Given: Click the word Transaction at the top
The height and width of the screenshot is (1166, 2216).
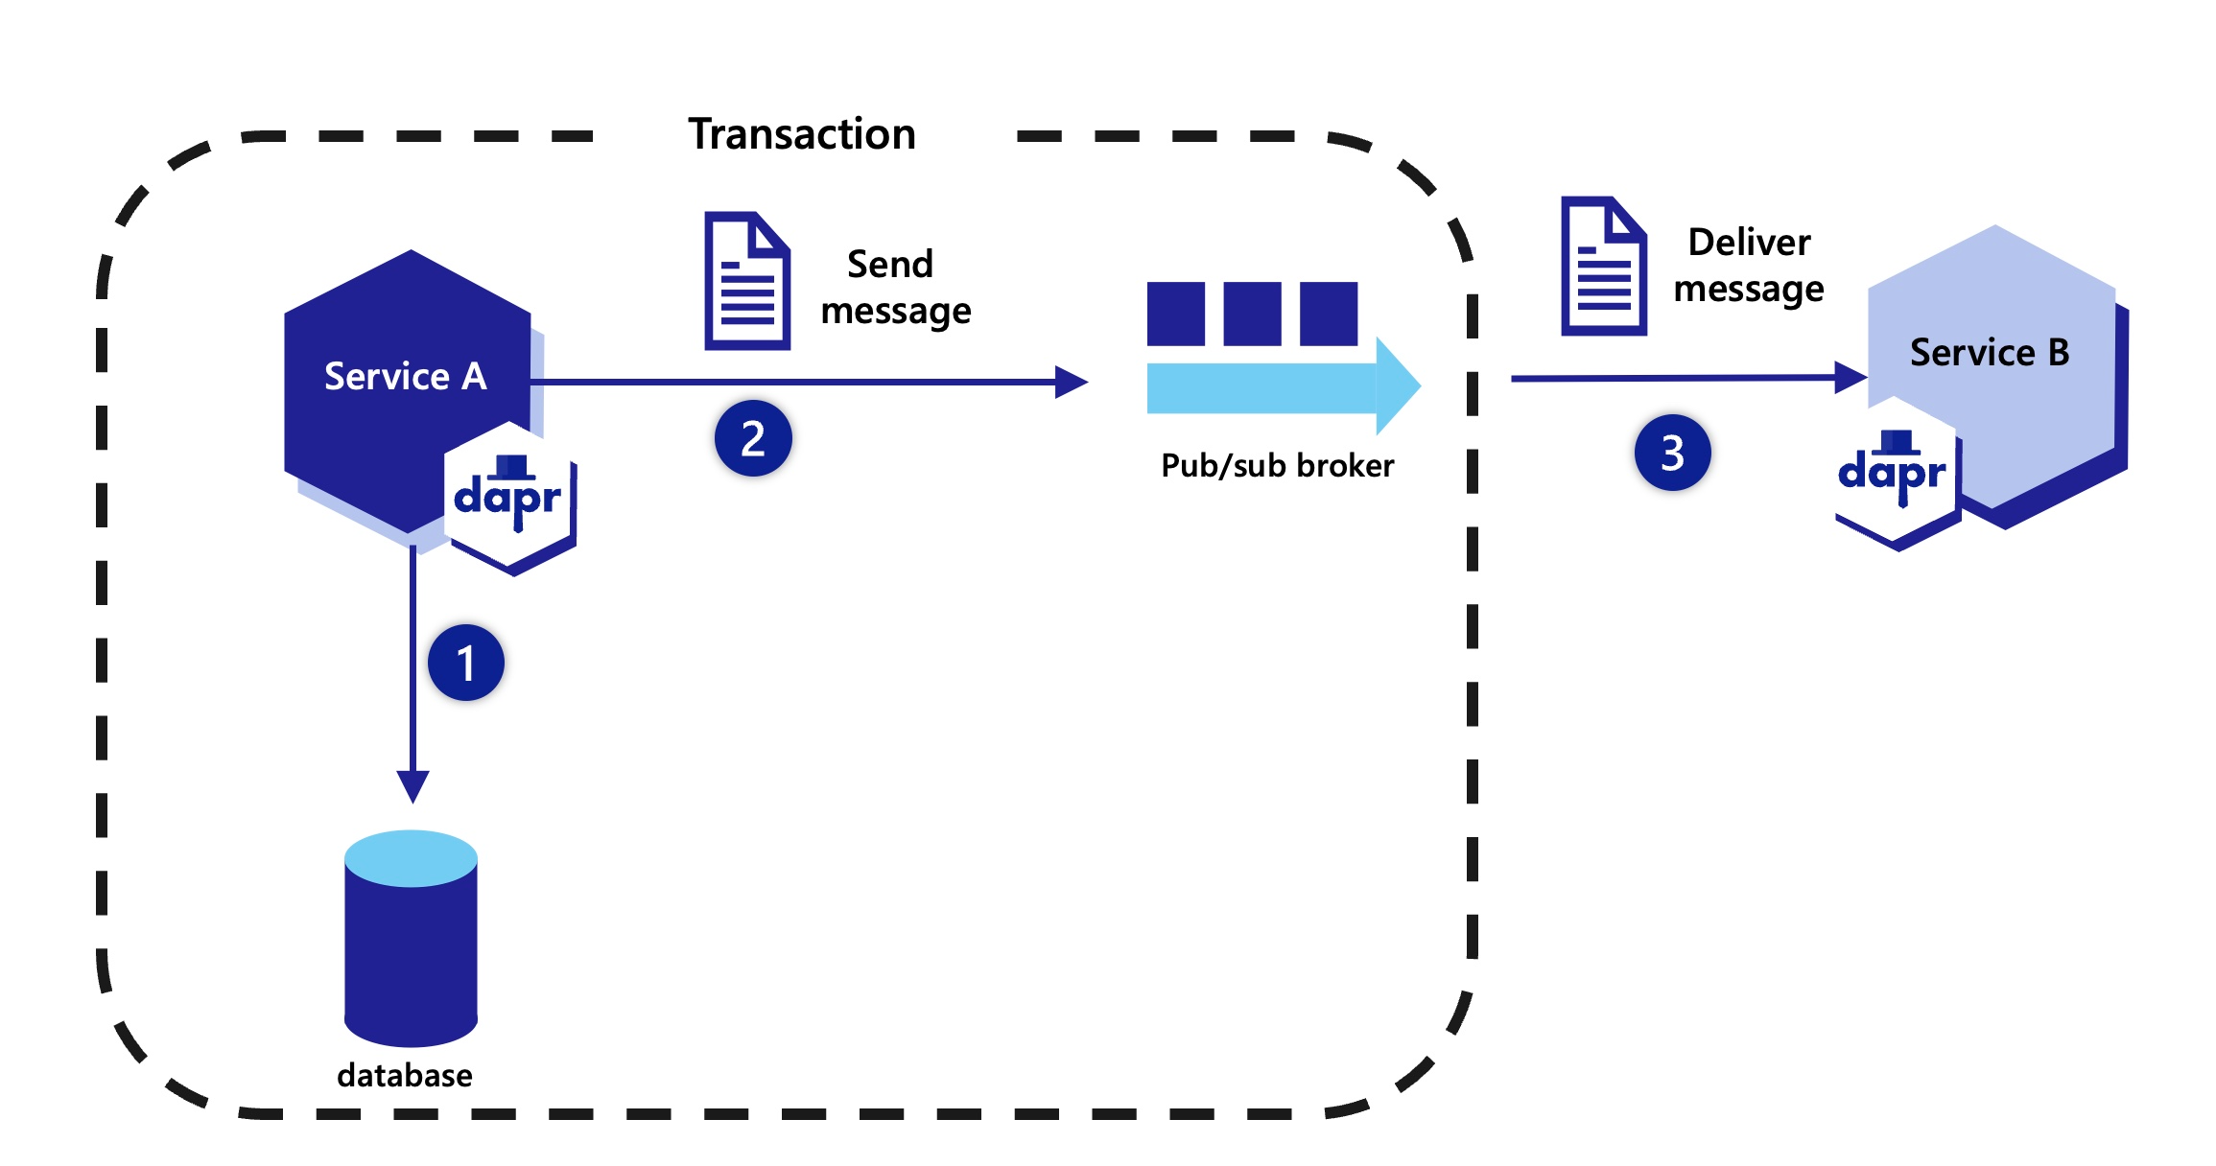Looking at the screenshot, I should click(802, 134).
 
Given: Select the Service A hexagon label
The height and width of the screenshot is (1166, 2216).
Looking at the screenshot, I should click(406, 376).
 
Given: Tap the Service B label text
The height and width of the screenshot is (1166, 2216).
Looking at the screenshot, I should click(1989, 353).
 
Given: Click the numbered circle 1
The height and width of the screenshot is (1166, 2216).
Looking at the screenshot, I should click(466, 663).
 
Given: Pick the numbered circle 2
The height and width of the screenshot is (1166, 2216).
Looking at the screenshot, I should click(753, 439).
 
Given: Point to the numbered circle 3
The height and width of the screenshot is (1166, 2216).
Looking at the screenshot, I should click(1672, 453).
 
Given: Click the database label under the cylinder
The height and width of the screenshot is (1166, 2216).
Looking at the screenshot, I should click(405, 1075).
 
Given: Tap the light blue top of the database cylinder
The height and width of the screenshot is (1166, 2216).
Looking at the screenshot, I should click(411, 858).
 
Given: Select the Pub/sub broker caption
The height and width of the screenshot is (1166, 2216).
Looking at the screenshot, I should click(1277, 465).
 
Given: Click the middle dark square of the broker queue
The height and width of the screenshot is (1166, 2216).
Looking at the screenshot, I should click(1252, 314).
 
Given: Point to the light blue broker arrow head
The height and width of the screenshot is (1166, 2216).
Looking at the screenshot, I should click(1397, 386).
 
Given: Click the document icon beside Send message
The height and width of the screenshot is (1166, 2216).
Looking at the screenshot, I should click(747, 281).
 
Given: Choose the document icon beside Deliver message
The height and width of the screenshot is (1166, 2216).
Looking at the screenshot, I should click(1603, 267).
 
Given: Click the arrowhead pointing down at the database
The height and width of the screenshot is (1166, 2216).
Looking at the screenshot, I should click(413, 785).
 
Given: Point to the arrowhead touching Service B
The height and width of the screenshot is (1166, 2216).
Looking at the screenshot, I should click(1849, 377).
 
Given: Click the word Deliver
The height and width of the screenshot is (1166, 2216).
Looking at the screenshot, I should click(1749, 243).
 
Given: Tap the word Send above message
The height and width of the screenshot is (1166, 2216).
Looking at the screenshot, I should click(889, 265).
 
